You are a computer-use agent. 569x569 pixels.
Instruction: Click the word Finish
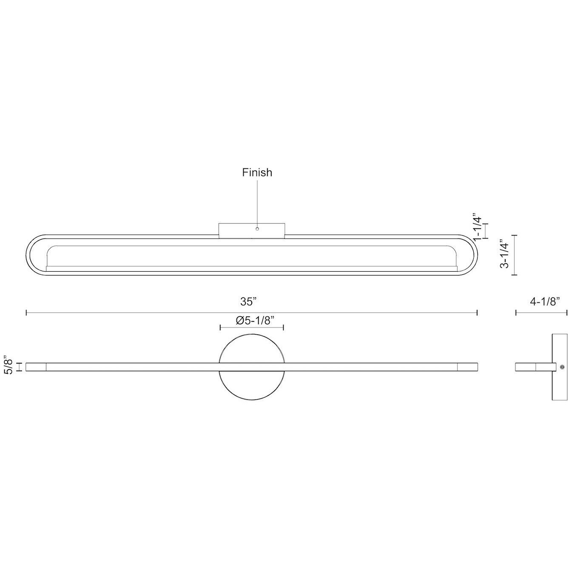[257, 173]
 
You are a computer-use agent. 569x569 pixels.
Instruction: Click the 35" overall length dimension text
[249, 302]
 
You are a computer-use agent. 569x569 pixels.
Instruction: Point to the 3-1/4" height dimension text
[505, 255]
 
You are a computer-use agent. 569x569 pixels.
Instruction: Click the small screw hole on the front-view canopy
[257, 229]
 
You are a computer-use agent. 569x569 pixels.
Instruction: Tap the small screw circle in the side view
[562, 367]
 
